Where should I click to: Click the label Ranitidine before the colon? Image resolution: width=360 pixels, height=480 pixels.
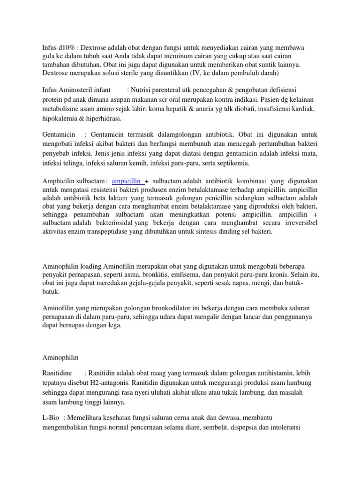[60, 373]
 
